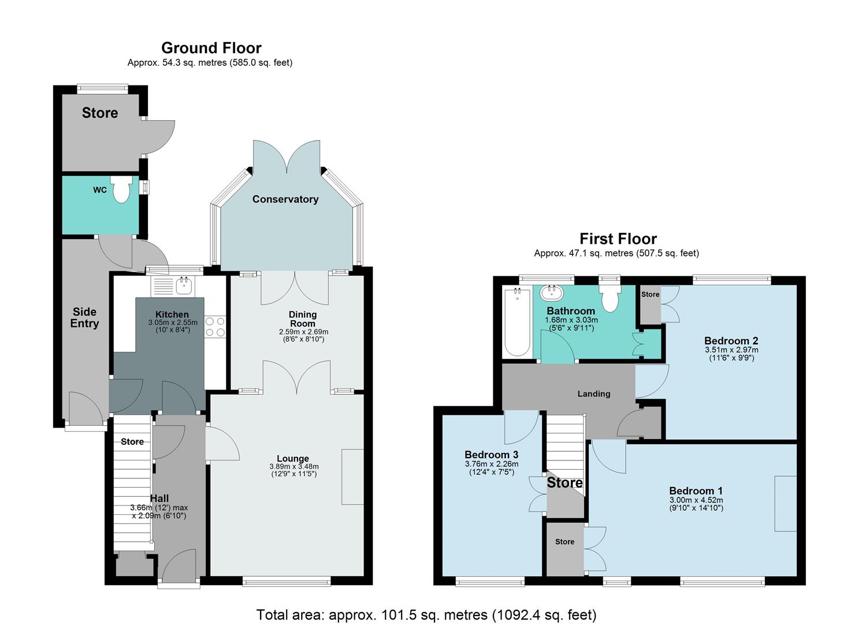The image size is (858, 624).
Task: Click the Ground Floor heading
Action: [211, 48]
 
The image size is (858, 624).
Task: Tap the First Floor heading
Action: [618, 239]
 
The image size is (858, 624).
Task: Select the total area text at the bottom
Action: [426, 615]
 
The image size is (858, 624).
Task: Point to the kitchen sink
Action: [185, 284]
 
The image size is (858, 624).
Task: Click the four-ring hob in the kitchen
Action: [215, 326]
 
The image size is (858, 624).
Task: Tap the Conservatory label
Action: [285, 199]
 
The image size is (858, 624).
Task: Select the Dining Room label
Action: [303, 319]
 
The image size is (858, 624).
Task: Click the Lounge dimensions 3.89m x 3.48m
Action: [294, 466]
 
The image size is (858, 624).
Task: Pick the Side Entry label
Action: [84, 318]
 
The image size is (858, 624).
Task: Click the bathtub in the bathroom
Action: [517, 322]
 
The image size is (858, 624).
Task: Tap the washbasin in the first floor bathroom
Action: [551, 292]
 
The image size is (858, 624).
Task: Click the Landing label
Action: [593, 394]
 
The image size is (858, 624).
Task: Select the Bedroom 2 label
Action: [731, 340]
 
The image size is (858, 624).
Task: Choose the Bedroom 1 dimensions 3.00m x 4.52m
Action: [696, 500]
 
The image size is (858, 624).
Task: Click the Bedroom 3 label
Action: [491, 455]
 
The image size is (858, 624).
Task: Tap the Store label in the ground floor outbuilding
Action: [100, 113]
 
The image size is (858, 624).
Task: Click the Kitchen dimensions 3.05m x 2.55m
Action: [172, 322]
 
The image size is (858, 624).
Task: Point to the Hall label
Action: [159, 498]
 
